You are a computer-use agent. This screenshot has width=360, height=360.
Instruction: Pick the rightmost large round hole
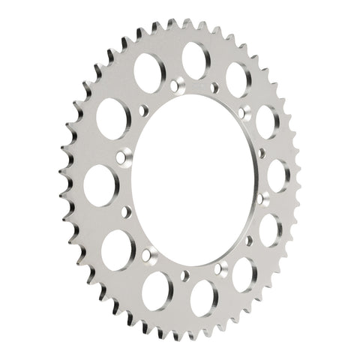pos(278,175)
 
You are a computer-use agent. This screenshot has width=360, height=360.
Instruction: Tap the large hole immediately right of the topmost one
pos(238,77)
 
